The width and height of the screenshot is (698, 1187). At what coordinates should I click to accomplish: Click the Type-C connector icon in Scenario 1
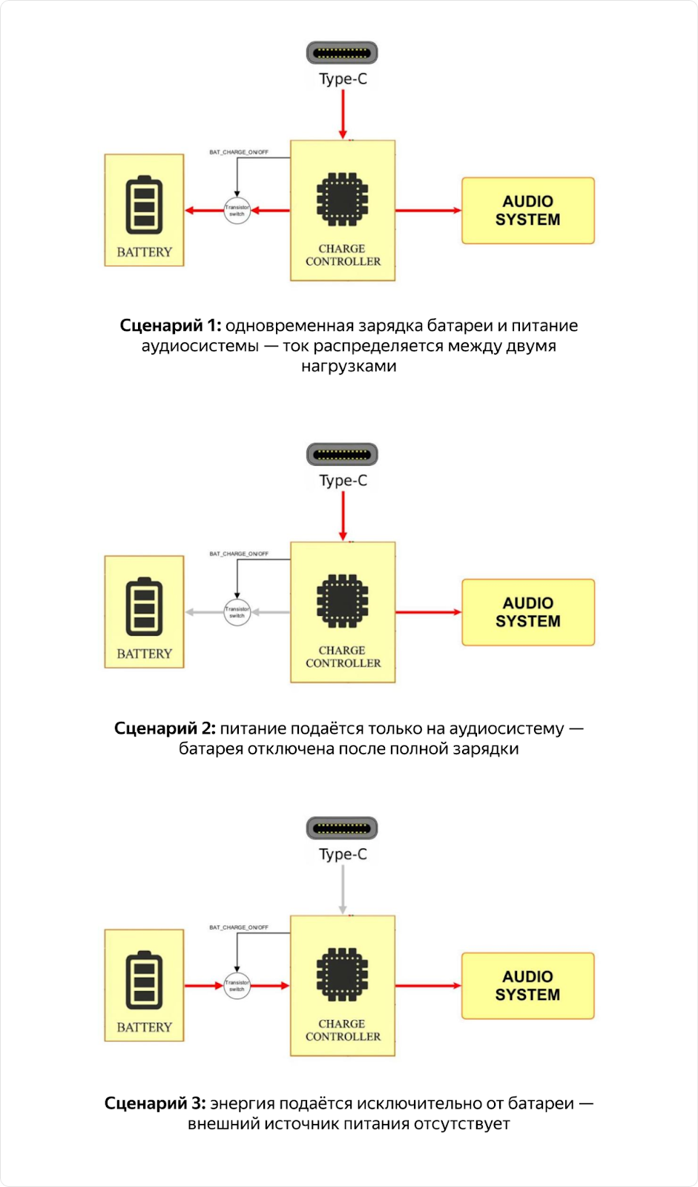click(342, 53)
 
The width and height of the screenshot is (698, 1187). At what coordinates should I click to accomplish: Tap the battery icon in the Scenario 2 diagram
click(144, 606)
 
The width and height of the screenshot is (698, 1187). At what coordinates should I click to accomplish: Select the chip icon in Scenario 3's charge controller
click(342, 973)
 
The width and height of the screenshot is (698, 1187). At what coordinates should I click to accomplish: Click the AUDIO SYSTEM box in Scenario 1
click(527, 211)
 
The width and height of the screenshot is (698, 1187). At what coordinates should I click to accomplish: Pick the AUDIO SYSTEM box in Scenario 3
click(527, 985)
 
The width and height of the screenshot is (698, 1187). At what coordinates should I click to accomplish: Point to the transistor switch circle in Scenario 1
click(237, 211)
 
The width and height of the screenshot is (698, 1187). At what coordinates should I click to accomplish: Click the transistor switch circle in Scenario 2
click(237, 612)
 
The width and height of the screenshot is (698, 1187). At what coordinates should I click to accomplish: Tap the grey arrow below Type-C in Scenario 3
click(343, 890)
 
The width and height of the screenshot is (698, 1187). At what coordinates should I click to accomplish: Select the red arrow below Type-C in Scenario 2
click(343, 516)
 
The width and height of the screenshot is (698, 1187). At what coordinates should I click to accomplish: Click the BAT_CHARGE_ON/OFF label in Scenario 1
click(239, 152)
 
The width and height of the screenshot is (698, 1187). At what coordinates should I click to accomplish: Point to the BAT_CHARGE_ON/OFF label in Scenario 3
click(239, 927)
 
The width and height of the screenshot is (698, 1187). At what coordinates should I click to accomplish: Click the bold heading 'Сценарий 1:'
click(170, 326)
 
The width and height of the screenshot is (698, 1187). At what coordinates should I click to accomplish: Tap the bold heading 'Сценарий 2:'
click(165, 729)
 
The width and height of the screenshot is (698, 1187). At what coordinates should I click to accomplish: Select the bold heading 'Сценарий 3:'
click(155, 1103)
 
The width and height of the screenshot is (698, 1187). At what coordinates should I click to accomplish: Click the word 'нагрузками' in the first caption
click(349, 366)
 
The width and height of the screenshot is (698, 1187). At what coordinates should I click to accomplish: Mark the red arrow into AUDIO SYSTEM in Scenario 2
click(428, 612)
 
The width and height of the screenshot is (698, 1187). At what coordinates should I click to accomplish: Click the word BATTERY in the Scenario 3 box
click(144, 1027)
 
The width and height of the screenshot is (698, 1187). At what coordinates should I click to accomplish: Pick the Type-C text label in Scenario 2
click(343, 480)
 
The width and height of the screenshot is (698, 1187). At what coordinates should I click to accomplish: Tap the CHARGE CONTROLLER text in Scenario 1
click(343, 255)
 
